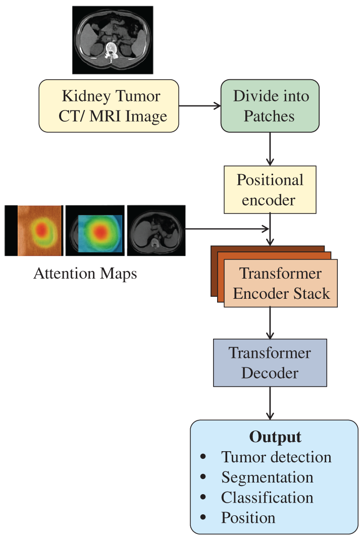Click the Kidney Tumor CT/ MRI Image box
click(109, 106)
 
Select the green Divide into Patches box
click(270, 106)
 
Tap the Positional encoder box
click(270, 190)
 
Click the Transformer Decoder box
click(270, 363)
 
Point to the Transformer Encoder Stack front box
click(281, 283)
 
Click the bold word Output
click(275, 437)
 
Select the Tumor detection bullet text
click(276, 457)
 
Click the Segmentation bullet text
click(267, 477)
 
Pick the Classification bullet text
click(267, 497)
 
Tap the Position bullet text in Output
click(248, 517)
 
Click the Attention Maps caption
click(85, 274)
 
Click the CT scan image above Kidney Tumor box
click(113, 40)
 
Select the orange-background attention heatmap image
click(34, 230)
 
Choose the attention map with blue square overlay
click(95, 230)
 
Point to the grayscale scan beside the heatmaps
click(156, 230)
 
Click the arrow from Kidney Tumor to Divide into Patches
click(199, 106)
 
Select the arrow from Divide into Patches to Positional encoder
click(270, 149)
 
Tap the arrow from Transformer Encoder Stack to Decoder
click(270, 323)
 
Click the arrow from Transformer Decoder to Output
click(270, 403)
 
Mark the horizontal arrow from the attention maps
click(227, 229)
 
